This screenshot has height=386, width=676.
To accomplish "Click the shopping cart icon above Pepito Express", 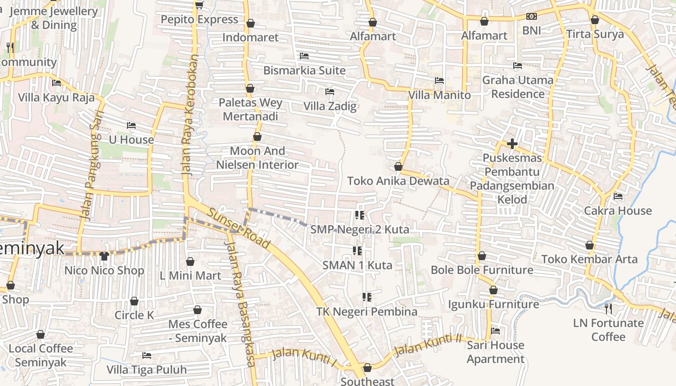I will pos(199,5).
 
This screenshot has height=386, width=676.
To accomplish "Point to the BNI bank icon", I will pos(531,16).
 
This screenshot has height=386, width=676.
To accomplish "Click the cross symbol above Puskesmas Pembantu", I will pos(512,144).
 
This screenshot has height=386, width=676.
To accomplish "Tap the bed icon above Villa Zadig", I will pos(330,91).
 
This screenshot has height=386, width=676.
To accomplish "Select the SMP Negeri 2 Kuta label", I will pos(360,229).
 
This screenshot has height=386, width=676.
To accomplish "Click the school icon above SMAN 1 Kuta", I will pos(357,250).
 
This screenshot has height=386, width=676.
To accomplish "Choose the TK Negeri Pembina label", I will pos(366,312).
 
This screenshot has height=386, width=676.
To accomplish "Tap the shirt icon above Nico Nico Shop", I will pos(104,256).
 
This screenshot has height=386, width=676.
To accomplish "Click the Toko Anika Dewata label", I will pos(398,181).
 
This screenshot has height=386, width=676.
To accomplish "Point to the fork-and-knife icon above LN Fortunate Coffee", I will pos(608,308).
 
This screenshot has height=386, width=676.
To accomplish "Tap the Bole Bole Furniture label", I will pos(482,270).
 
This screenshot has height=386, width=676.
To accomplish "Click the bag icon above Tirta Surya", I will pos(595,20).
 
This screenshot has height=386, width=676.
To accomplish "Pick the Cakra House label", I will pos(618,210).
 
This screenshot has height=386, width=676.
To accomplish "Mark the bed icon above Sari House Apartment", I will pos(495,331).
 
